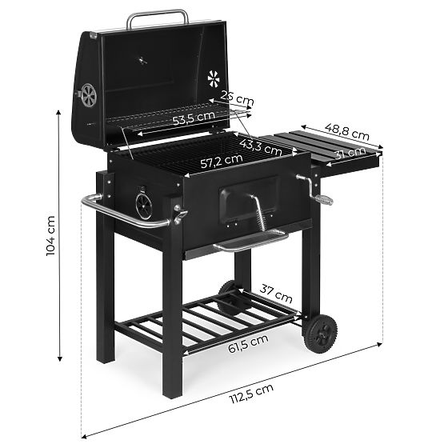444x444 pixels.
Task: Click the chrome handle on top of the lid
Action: (x=158, y=16)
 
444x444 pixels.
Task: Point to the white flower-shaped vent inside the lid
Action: (x=214, y=78)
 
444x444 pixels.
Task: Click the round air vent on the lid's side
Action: (x=87, y=95)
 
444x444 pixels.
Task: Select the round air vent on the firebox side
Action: (x=143, y=204)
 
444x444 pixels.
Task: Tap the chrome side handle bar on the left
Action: (x=120, y=213)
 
